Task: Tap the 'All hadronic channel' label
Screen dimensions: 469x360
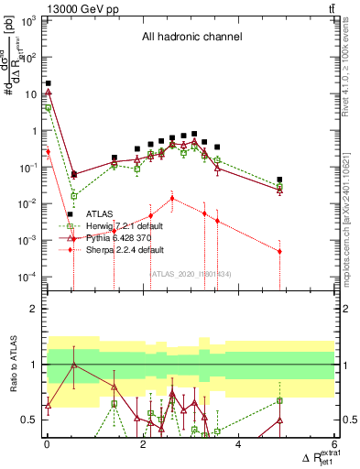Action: click(x=190, y=38)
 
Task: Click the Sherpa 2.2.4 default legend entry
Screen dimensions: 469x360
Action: click(x=124, y=249)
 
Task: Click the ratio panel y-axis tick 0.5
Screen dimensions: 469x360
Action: click(x=29, y=420)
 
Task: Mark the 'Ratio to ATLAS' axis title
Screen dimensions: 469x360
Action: click(x=14, y=365)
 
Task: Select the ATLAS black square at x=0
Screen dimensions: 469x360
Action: click(x=48, y=83)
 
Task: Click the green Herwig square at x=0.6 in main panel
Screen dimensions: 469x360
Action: click(x=74, y=196)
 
